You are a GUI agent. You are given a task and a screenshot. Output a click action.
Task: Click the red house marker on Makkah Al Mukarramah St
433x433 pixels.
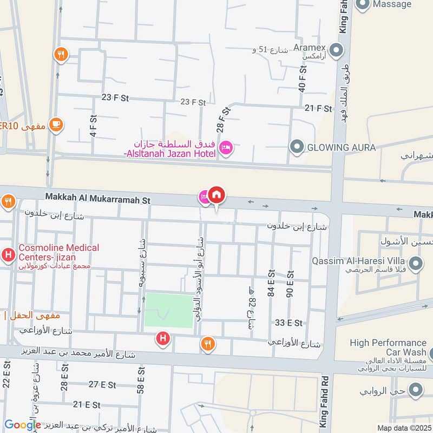[x=216, y=195]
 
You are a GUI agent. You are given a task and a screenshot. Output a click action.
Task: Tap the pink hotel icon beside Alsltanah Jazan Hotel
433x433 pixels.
[x=226, y=147]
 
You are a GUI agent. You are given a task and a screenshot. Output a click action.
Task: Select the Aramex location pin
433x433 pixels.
[x=336, y=51]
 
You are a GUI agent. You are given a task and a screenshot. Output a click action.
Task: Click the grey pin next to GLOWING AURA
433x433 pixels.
[x=296, y=147]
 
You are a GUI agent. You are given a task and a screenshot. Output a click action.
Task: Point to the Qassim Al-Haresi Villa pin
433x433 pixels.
[x=415, y=264]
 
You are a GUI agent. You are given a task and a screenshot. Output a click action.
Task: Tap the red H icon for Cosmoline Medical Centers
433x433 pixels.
[x=9, y=253]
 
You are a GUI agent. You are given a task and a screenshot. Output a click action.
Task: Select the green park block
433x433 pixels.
[x=169, y=310]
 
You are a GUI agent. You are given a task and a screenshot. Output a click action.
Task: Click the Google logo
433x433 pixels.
[x=22, y=425]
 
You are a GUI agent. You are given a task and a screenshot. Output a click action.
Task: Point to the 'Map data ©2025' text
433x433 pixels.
[x=404, y=428]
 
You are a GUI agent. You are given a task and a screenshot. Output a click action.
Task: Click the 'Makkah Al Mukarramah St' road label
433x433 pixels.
[x=97, y=200]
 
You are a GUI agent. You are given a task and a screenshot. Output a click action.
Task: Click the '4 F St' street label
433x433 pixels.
[x=93, y=126]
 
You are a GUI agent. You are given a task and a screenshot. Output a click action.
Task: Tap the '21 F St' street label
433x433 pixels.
[x=318, y=108]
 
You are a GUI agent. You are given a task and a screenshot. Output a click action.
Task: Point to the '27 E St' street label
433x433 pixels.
[x=102, y=385]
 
